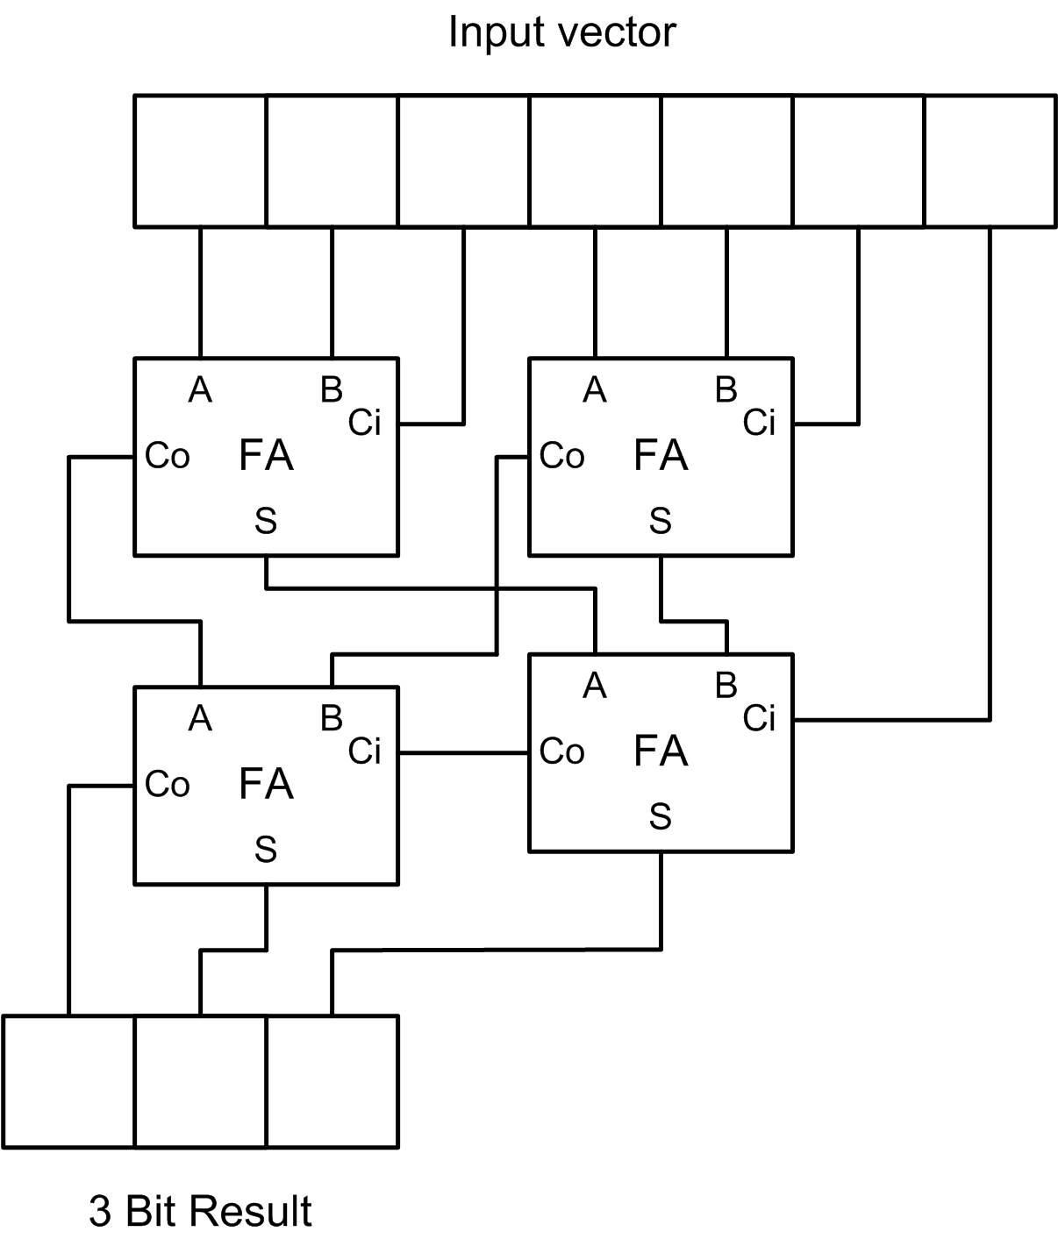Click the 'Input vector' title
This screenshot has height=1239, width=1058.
click(561, 33)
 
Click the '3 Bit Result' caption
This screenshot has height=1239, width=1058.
click(200, 1211)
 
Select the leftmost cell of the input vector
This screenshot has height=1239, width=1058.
click(200, 161)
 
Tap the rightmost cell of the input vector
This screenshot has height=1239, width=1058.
click(990, 161)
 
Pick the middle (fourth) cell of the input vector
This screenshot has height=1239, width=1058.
click(595, 161)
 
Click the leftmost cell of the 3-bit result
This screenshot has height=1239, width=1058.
click(69, 1081)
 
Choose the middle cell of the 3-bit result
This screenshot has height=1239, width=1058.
click(200, 1081)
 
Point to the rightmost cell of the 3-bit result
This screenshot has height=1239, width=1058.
click(332, 1081)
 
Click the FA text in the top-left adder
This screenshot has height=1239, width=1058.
click(266, 456)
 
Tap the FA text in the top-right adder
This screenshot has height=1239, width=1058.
click(661, 456)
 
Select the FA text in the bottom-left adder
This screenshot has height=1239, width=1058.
click(266, 784)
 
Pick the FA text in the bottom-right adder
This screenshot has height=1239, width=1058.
click(661, 751)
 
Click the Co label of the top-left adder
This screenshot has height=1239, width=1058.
click(167, 456)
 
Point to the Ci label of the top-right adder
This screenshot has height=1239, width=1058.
click(759, 423)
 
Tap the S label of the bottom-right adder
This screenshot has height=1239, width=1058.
click(660, 817)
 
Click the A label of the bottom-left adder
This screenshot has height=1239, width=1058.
click(200, 719)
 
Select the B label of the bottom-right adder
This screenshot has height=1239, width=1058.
click(726, 685)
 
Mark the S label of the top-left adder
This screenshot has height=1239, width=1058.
click(266, 522)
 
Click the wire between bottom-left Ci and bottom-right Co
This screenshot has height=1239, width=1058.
click(463, 752)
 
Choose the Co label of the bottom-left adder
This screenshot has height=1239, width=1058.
click(167, 784)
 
